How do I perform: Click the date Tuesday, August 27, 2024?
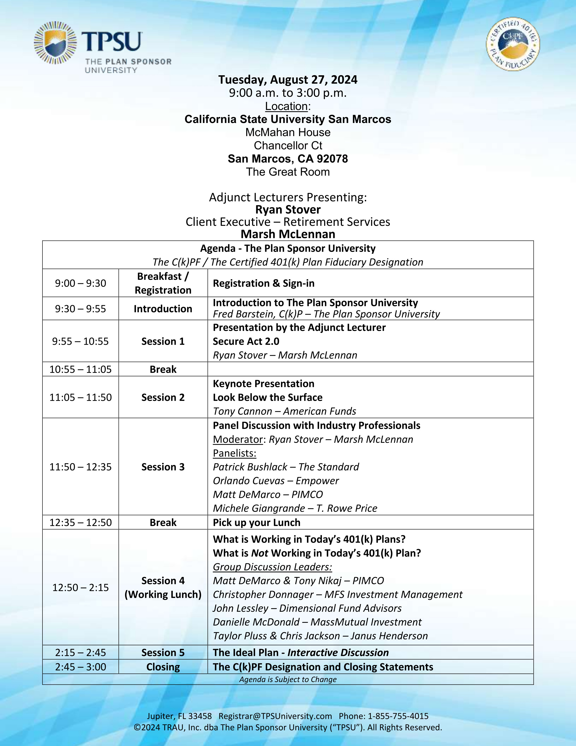point(288,80)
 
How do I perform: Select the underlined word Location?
point(286,106)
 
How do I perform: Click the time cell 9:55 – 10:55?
point(81,341)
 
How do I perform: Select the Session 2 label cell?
point(163,397)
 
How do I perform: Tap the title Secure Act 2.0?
point(246,341)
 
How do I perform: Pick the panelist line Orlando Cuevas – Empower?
point(276,481)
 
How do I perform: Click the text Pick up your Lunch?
point(257,523)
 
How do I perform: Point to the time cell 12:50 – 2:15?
point(81,588)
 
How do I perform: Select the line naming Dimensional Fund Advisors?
point(307,608)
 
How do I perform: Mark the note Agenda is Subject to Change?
point(288,679)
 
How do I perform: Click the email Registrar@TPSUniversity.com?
point(275,716)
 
